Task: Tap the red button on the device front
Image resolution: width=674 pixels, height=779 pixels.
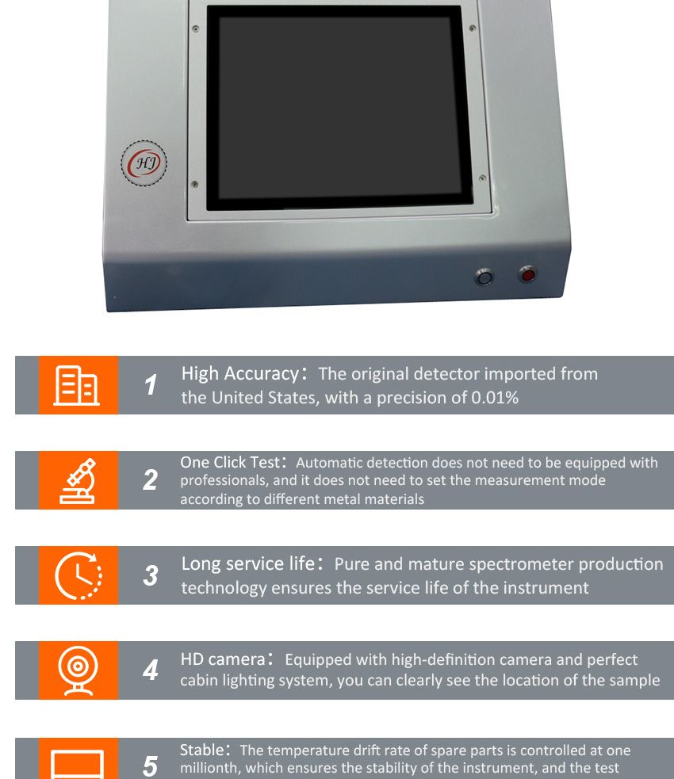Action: tap(527, 275)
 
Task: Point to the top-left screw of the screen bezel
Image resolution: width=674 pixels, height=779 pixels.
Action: tap(195, 29)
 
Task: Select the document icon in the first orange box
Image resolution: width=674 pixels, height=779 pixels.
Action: tap(77, 385)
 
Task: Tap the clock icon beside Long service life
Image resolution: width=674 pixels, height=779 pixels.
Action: tap(79, 575)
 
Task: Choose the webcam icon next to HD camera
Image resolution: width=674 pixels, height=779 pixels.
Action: tap(79, 670)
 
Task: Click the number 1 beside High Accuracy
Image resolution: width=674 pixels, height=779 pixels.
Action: tap(151, 385)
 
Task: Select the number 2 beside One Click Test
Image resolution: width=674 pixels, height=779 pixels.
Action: tap(150, 480)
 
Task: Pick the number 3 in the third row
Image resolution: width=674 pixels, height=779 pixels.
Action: tap(150, 575)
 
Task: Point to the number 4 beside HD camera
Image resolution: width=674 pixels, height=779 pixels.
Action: tap(150, 670)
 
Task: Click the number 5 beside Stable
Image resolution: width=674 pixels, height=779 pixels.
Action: tap(150, 766)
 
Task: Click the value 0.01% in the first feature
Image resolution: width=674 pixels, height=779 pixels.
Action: tap(495, 398)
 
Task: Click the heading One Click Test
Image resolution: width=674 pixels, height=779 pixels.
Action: tap(230, 462)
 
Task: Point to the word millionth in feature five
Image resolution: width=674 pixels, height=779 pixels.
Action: tap(210, 767)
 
